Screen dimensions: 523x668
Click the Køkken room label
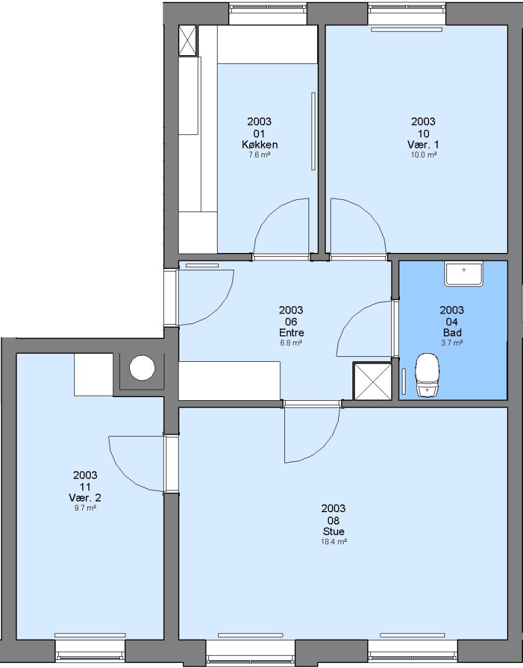[260, 145]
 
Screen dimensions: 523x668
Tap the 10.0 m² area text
[423, 155]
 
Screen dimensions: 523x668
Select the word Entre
[291, 333]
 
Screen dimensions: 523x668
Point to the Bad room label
[452, 333]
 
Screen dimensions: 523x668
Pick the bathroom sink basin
[464, 273]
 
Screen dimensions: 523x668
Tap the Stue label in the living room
[333, 531]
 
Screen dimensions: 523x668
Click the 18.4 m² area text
[333, 542]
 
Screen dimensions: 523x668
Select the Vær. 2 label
[85, 497]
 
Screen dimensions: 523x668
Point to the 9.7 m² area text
[85, 508]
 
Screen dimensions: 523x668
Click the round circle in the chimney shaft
[142, 367]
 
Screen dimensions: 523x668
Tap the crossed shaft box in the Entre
[373, 381]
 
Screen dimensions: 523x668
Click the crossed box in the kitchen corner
[187, 40]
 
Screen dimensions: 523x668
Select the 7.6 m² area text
[260, 155]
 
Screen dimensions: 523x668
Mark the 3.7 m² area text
[452, 343]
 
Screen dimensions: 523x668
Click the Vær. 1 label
[423, 145]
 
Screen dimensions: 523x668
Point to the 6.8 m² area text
[291, 343]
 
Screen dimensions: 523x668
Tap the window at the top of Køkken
[268, 14]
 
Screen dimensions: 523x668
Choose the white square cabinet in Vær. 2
[94, 375]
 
